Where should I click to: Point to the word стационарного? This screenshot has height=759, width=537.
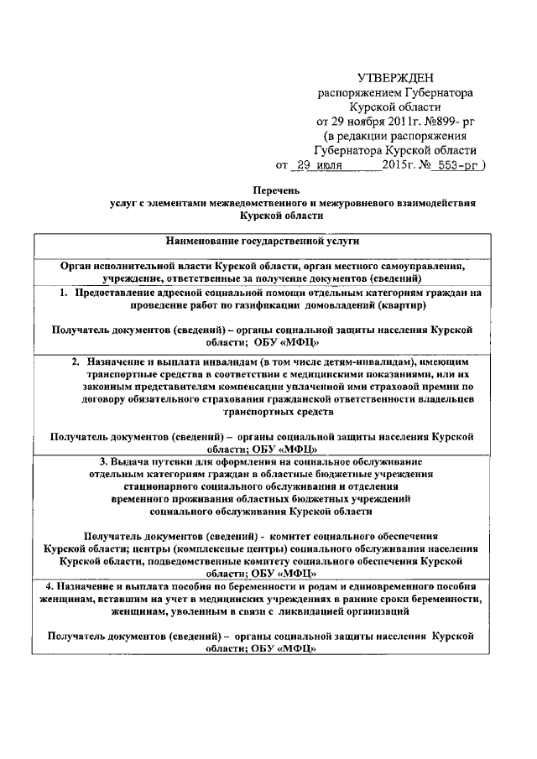161,485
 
